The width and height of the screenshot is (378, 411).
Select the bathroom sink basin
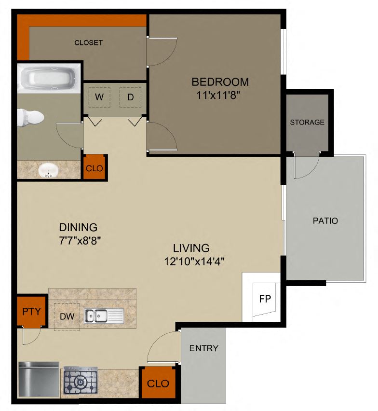(x=48, y=170)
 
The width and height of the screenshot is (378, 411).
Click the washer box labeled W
(x=99, y=97)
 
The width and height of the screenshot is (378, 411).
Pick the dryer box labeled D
(x=130, y=97)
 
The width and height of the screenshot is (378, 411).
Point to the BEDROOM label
(x=220, y=82)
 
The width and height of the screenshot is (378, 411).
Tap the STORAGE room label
(x=307, y=123)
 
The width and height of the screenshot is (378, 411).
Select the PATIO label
(x=325, y=221)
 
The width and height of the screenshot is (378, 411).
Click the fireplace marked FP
(x=265, y=299)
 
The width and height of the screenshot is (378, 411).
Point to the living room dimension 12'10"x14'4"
(x=195, y=262)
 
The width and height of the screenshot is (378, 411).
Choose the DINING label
(x=78, y=227)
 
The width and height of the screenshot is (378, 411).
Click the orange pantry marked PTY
(x=31, y=310)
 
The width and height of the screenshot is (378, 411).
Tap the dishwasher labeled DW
(x=67, y=316)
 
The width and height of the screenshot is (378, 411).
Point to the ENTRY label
(x=203, y=348)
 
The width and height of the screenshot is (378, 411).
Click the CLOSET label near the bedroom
(x=88, y=43)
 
